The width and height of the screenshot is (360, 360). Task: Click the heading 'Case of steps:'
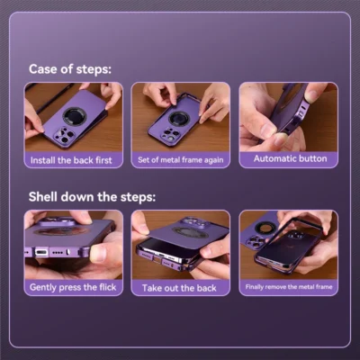[x=70, y=69]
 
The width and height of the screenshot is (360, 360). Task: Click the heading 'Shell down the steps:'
[x=92, y=197]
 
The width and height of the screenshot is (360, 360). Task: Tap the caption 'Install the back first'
[x=71, y=160]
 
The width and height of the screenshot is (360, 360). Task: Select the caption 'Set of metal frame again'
[x=181, y=160]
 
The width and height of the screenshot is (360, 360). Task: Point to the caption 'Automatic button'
[x=290, y=158]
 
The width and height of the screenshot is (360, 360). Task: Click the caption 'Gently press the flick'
[x=73, y=287]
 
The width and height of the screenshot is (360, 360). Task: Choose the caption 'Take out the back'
[x=179, y=288]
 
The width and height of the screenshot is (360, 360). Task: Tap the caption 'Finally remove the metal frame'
[x=289, y=287]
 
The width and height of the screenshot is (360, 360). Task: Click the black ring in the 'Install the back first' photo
[x=75, y=117]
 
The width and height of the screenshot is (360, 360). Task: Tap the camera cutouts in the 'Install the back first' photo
[x=64, y=136]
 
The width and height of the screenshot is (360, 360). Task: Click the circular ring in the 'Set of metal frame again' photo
[x=179, y=118]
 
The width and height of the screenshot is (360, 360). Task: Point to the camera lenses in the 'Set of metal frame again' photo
[x=169, y=134]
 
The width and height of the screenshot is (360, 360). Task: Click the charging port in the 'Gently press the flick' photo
[x=41, y=252]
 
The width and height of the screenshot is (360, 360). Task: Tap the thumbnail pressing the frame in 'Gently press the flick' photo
[x=98, y=253]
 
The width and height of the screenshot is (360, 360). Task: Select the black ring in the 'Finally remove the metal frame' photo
[x=265, y=228]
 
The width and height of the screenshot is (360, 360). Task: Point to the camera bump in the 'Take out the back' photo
[x=194, y=223]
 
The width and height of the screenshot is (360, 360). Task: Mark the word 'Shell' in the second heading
[x=42, y=197]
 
